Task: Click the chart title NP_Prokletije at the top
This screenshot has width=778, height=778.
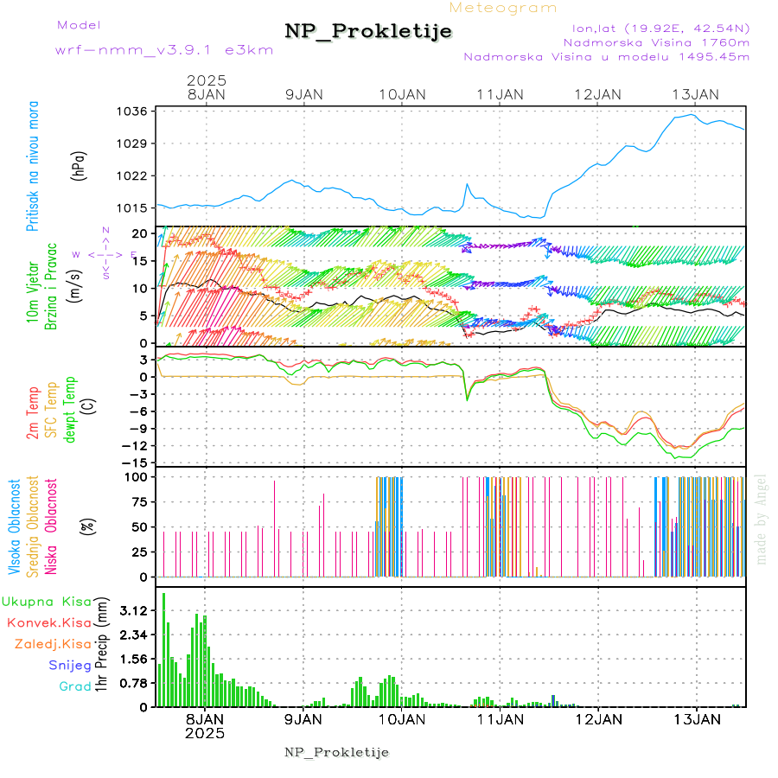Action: (368, 32)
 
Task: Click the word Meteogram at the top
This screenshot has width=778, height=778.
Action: (503, 8)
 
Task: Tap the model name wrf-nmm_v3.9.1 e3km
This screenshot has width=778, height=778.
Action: (164, 50)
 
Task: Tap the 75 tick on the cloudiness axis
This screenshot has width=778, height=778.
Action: (138, 501)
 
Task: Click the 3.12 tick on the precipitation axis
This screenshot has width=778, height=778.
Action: (133, 610)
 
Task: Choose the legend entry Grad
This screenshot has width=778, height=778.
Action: (74, 686)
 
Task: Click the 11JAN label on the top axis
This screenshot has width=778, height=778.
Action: (500, 94)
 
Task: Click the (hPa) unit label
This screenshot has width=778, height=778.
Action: (80, 165)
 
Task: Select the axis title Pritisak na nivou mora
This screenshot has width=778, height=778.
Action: (33, 165)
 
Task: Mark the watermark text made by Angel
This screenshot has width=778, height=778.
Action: (762, 519)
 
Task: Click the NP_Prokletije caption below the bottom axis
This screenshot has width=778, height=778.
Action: (337, 752)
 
